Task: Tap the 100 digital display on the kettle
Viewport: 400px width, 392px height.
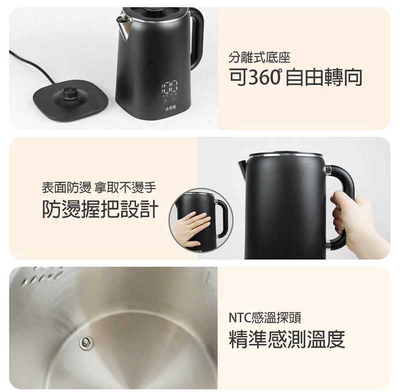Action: coord(169,87)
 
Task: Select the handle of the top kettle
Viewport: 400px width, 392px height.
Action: coord(196,39)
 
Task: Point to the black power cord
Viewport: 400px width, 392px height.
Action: coord(33,68)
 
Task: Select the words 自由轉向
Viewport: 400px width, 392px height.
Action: coord(323,78)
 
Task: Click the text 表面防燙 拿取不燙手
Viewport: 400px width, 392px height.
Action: coord(98,188)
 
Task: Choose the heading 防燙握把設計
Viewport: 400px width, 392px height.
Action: coord(100,209)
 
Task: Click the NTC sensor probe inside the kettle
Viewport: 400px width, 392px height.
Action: coord(85,343)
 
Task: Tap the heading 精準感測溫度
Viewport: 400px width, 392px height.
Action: coord(286,339)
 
